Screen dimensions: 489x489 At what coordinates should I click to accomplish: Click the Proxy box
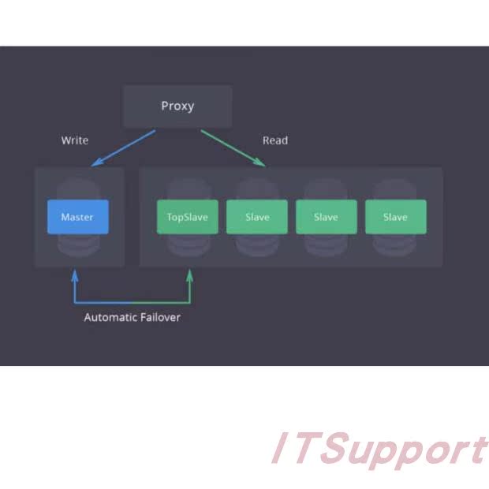(177, 106)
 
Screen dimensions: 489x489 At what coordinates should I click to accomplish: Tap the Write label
(75, 140)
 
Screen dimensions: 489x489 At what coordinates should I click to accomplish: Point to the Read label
(275, 140)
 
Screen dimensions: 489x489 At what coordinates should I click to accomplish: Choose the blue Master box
(77, 217)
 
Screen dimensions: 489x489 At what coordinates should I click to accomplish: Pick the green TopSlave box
(188, 217)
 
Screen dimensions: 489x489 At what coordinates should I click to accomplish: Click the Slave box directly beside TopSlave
(257, 217)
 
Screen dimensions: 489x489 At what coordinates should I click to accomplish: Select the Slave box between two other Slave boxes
(326, 217)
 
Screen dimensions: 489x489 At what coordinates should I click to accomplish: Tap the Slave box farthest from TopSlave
(395, 217)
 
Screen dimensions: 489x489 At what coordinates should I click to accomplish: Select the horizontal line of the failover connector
(132, 302)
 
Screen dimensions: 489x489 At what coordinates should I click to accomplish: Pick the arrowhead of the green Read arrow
(261, 162)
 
